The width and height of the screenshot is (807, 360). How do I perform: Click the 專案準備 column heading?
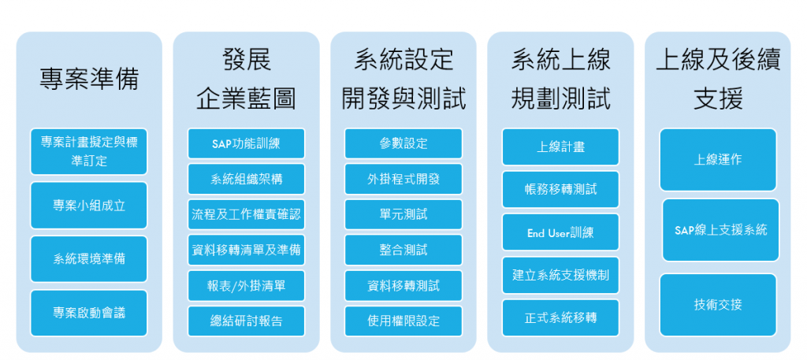click(89, 79)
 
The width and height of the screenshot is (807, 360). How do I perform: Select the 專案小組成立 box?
click(89, 205)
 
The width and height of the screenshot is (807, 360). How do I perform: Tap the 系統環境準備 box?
click(89, 258)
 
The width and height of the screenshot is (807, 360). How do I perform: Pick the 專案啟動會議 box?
click(89, 313)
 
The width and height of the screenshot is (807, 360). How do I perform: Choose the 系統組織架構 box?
click(246, 179)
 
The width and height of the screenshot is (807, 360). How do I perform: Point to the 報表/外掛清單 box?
click(246, 285)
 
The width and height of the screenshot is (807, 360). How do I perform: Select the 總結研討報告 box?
click(246, 321)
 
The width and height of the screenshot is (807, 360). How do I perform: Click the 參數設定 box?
click(403, 143)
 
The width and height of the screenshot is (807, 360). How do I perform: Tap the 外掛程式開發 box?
click(403, 179)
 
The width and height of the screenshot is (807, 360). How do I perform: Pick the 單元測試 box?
click(403, 214)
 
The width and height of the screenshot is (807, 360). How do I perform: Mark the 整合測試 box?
click(403, 250)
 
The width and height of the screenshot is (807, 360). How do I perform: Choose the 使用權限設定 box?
click(403, 321)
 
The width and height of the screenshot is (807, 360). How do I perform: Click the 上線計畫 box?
click(560, 147)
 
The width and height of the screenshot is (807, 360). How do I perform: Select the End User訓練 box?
click(560, 232)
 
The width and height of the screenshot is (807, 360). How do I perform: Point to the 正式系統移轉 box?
click(560, 317)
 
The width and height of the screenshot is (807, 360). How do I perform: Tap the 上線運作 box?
click(717, 159)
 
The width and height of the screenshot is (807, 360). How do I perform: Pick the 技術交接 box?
click(717, 304)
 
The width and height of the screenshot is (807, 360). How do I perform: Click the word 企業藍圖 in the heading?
click(246, 99)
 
